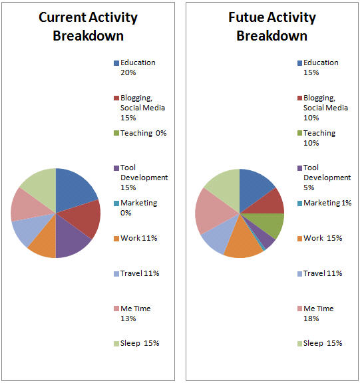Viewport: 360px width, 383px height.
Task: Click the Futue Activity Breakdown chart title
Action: click(271, 27)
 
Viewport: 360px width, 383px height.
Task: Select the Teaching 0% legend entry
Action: click(143, 133)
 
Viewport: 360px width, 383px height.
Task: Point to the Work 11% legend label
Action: click(139, 238)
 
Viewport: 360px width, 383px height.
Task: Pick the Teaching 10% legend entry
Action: click(319, 138)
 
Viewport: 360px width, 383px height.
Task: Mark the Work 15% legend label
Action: click(322, 238)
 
